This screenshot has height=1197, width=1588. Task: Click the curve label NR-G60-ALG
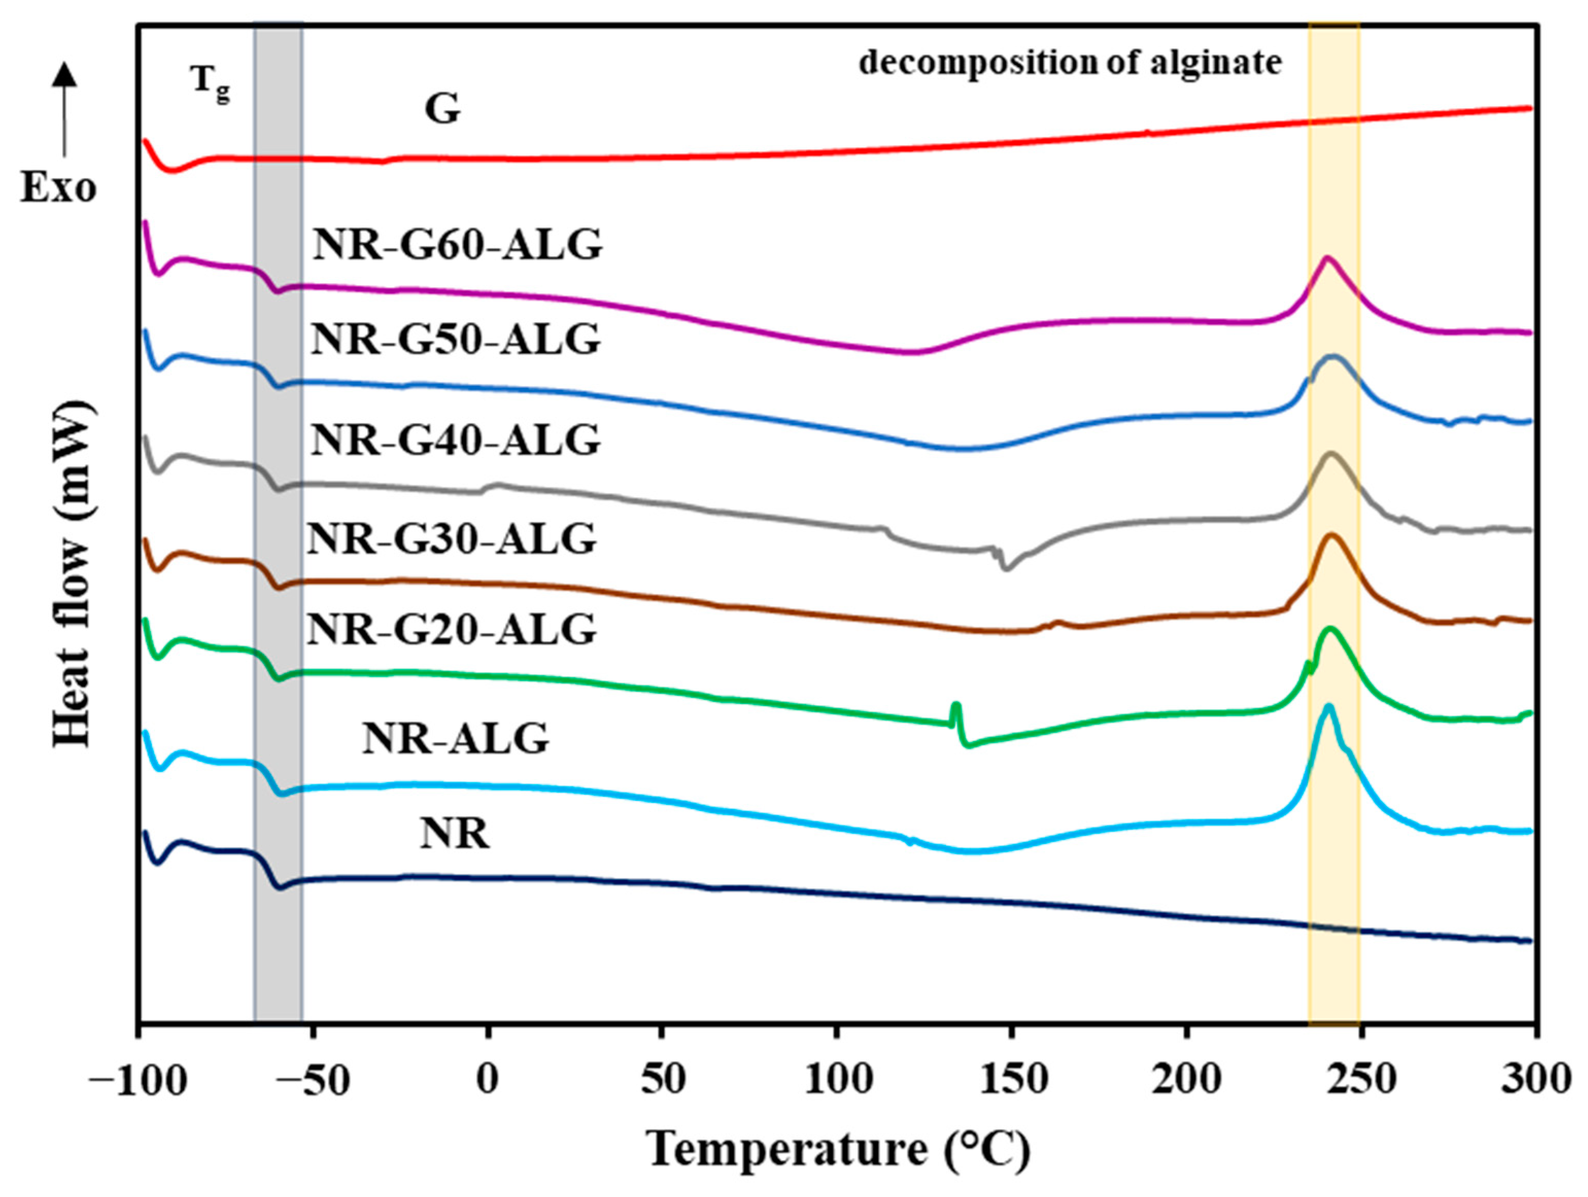coord(457,246)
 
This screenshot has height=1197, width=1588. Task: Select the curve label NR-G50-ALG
coord(455,340)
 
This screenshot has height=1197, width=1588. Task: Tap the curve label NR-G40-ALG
coord(455,441)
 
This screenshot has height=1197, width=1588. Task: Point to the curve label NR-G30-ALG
coord(452,539)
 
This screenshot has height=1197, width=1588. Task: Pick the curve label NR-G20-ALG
coord(452,630)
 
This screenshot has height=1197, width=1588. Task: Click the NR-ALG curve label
coord(455,738)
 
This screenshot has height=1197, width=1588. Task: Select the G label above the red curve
coord(442,110)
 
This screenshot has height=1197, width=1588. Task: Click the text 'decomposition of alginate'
coord(1069,63)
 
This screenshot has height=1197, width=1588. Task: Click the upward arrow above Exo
coord(64,108)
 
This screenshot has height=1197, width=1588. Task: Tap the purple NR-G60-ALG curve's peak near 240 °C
coord(1327,258)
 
